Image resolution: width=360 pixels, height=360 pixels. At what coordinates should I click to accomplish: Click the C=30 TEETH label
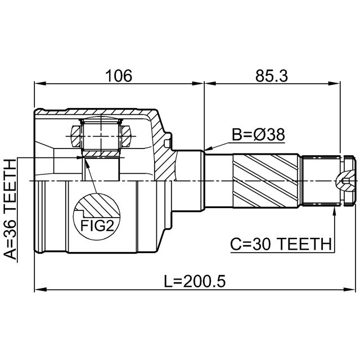point(281,244)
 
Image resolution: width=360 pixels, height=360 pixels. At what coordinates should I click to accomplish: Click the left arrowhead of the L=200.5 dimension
point(38,290)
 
